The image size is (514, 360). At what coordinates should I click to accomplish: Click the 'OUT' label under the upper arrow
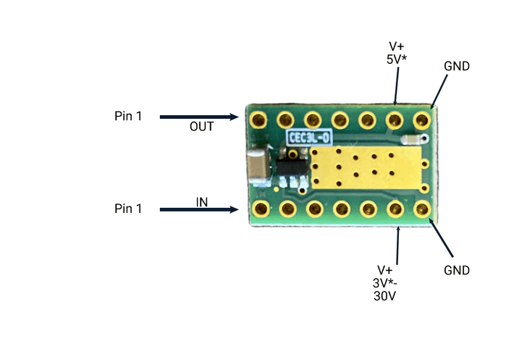[201, 127]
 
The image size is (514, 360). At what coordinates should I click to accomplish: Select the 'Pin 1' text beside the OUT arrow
[128, 116]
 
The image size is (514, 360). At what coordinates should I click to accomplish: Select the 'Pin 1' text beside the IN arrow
[128, 209]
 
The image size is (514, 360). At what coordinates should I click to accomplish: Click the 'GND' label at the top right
[457, 66]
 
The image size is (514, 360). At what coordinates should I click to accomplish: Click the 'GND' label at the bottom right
[457, 270]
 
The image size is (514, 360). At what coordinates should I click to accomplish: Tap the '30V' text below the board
[385, 296]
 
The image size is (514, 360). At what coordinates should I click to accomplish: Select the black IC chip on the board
[292, 171]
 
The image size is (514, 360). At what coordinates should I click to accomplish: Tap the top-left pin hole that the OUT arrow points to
[258, 118]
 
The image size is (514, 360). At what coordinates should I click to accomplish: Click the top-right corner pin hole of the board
[421, 118]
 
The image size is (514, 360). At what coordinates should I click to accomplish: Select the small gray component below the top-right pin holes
[412, 138]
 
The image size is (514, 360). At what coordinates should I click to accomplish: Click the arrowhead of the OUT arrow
[235, 117]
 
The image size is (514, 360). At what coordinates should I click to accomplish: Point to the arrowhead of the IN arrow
[235, 210]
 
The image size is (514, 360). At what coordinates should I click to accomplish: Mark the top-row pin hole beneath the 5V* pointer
[395, 118]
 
